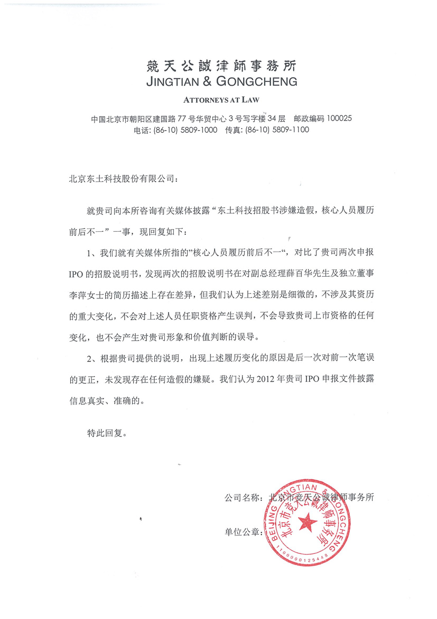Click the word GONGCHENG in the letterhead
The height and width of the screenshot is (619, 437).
click(259, 82)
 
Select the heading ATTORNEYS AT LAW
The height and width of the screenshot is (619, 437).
click(221, 99)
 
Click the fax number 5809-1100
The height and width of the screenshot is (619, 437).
click(290, 130)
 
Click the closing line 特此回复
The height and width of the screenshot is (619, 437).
click(107, 433)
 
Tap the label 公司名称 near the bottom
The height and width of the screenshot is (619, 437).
click(242, 497)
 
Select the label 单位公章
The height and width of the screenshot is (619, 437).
click(242, 531)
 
